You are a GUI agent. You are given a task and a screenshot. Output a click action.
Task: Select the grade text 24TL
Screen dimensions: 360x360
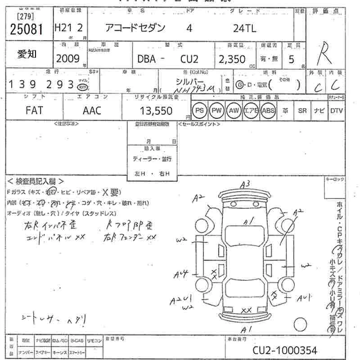pyautogui.click(x=245, y=28)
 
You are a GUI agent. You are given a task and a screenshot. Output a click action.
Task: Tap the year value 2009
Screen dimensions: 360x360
pyautogui.click(x=67, y=58)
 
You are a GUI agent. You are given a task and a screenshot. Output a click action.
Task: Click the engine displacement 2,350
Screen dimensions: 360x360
pyautogui.click(x=232, y=59)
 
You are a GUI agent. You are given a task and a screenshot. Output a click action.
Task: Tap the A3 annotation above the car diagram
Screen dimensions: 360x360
pyautogui.click(x=245, y=184)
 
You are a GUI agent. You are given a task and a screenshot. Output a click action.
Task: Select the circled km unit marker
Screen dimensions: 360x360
pyautogui.click(x=82, y=86)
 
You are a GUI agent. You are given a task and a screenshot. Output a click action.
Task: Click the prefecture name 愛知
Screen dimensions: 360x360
pyautogui.click(x=27, y=54)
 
